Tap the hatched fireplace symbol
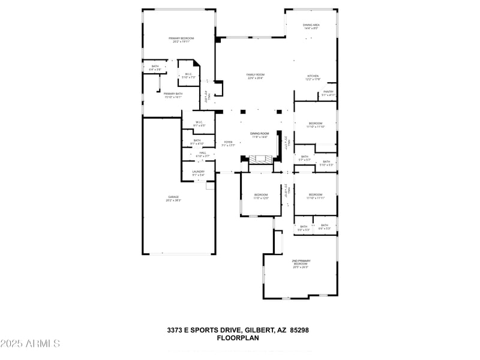[261, 160]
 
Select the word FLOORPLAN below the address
[238, 338]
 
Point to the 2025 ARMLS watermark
[30, 344]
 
